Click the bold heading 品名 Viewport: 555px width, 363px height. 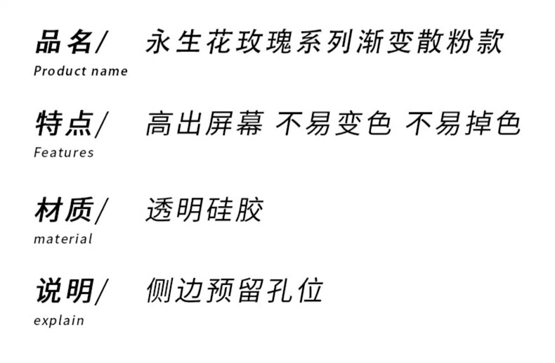(x=64, y=42)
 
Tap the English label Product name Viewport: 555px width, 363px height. (x=81, y=71)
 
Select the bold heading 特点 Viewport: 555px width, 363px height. (x=64, y=124)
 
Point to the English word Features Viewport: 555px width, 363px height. (x=63, y=153)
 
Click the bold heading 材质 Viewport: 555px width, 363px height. (x=64, y=209)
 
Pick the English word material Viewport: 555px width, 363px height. (x=63, y=239)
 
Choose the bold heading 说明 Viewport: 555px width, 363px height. (x=64, y=290)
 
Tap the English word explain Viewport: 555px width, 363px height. (x=59, y=321)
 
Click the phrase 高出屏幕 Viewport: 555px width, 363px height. (x=204, y=124)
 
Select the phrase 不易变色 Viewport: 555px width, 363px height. (x=332, y=124)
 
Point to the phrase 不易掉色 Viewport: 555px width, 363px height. (x=464, y=124)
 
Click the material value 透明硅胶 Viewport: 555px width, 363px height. (x=204, y=209)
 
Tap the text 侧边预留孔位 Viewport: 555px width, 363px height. (x=235, y=290)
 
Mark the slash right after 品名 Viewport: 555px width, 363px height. (x=103, y=43)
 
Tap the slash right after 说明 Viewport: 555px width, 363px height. (x=103, y=291)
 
